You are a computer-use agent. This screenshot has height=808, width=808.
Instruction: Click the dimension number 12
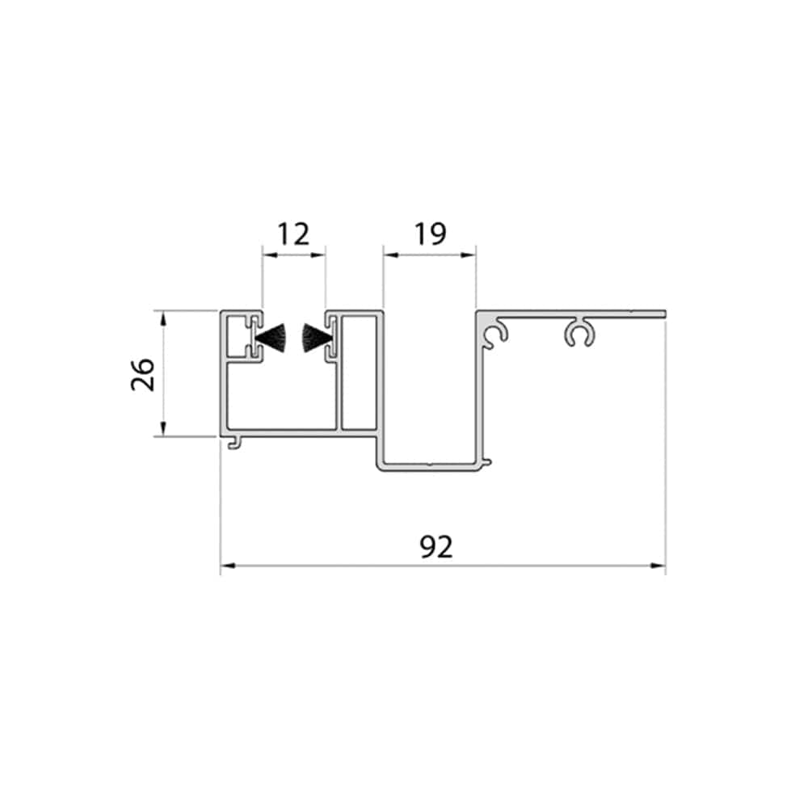pos(294,234)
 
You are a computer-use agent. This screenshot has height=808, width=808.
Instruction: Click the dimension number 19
pos(431,234)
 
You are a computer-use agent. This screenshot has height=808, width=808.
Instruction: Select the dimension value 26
pos(143,375)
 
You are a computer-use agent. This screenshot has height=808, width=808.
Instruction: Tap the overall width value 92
pos(436,547)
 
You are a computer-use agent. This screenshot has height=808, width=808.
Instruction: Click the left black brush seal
pos(271,338)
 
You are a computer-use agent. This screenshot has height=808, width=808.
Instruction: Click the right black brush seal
pos(316,338)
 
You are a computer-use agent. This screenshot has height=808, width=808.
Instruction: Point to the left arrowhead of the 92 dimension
pos(228,566)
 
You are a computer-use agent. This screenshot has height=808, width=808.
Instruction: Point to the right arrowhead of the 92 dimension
pos(658,566)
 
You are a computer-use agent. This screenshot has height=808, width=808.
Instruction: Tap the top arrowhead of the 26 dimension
pos(163,318)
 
